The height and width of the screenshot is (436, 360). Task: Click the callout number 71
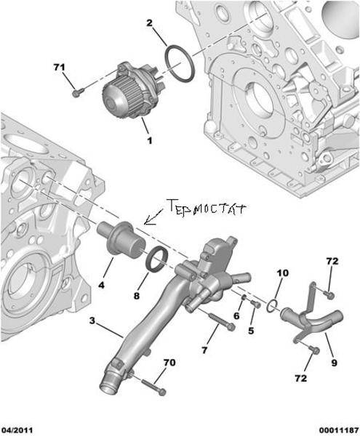point(59,68)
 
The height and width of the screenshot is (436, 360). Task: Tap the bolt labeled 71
point(77,92)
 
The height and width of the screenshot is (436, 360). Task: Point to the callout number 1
point(149,140)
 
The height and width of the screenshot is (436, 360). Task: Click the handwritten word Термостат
point(207,207)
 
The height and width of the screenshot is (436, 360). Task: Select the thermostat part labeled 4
point(121,239)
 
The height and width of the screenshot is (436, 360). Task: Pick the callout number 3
point(92,321)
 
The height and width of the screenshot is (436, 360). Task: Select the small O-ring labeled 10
point(273,306)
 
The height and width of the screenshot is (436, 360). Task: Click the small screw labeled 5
point(256,304)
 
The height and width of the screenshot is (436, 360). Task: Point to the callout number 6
point(236,315)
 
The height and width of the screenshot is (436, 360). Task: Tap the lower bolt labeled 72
point(314,350)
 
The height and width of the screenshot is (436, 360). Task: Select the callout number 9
point(334,363)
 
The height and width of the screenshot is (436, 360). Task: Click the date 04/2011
point(17,430)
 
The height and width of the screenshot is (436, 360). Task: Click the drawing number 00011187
point(339,430)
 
